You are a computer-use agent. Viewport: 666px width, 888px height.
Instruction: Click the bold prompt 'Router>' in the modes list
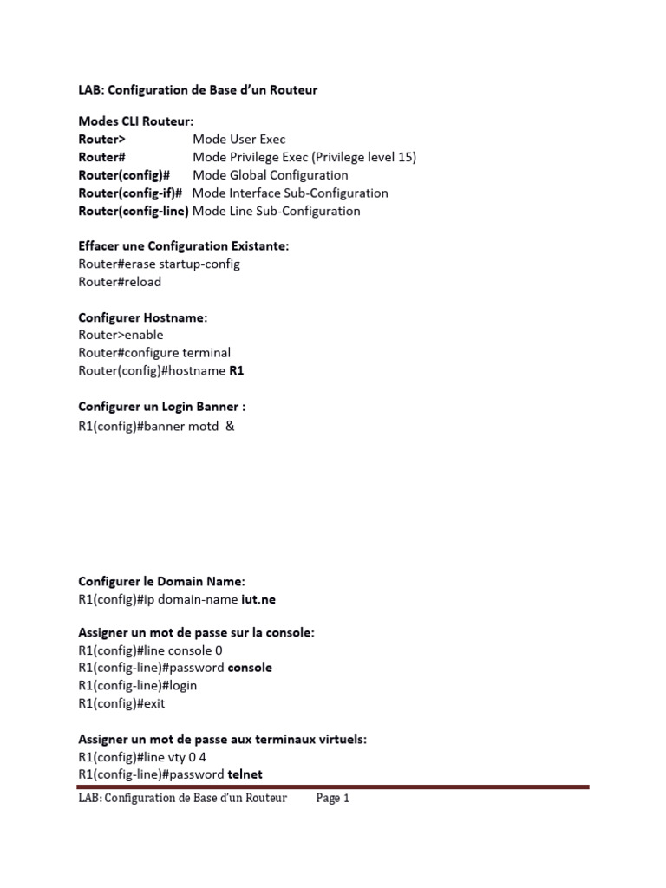click(101, 139)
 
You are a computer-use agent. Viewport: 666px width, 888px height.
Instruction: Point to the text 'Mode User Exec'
click(238, 139)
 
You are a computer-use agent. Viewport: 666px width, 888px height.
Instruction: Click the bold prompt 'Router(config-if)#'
click(130, 193)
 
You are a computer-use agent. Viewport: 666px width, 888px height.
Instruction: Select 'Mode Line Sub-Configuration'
click(277, 211)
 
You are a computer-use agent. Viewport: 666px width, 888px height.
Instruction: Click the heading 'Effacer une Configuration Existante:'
click(184, 246)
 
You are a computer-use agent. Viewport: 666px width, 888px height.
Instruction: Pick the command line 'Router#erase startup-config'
click(159, 264)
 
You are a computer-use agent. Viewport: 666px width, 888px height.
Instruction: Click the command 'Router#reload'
click(120, 282)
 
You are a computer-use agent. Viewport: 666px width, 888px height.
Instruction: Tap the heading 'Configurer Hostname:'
click(143, 317)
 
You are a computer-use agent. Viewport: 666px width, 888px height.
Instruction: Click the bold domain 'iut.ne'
click(259, 598)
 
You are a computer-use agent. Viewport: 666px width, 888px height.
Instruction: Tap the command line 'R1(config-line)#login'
click(138, 685)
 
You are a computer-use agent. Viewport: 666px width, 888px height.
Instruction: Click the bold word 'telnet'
click(245, 774)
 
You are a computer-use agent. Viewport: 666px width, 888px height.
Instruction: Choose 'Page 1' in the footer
click(332, 799)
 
